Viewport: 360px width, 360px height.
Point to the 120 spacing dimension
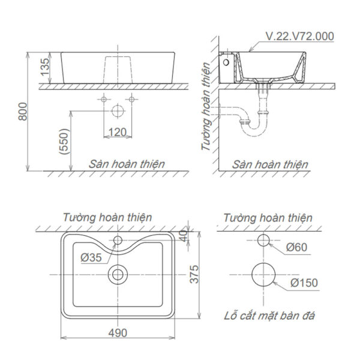coord(117,131)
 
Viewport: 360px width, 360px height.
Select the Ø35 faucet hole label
coord(92,257)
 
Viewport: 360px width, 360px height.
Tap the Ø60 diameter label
coord(298,246)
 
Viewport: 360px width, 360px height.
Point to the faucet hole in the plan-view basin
coord(118,241)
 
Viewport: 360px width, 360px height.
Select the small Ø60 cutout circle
coord(263,241)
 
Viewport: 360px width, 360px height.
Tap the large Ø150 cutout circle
coord(263,274)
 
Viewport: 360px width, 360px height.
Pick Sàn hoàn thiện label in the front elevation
coord(127,163)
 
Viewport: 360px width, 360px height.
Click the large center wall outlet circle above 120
coord(118,111)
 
